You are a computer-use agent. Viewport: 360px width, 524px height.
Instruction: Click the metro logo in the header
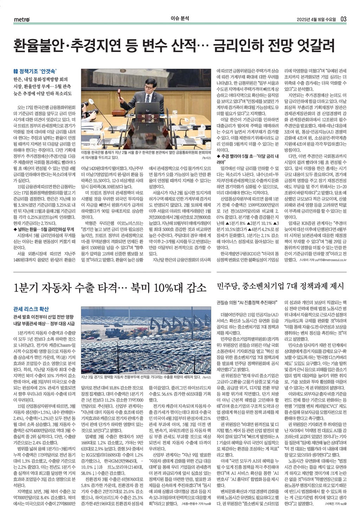click(x=22, y=19)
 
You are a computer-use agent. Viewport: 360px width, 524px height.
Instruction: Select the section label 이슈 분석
click(x=180, y=19)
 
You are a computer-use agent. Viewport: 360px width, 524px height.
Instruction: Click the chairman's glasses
click(x=148, y=79)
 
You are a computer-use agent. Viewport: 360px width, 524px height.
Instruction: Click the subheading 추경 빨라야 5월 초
click(x=236, y=156)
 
